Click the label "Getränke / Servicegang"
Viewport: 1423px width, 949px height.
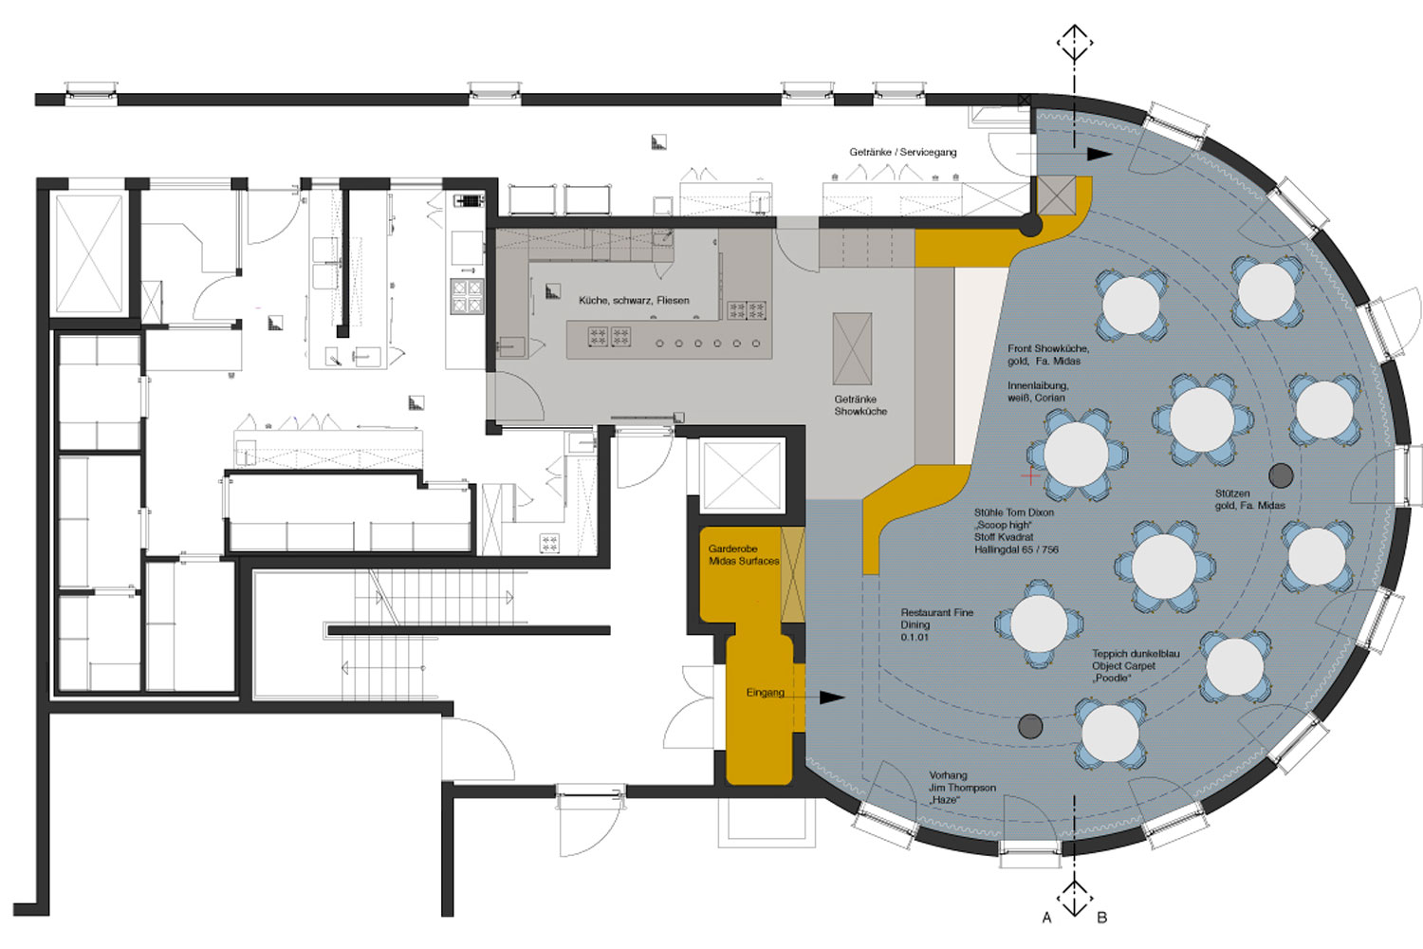[903, 153]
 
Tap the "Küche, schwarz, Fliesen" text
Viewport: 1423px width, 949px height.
[634, 300]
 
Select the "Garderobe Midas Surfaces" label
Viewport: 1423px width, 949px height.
[743, 555]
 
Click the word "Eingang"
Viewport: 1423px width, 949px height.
[765, 693]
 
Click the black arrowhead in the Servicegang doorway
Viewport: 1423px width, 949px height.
[1099, 155]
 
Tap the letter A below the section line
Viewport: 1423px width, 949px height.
[1047, 918]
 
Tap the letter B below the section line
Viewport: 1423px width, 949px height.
[1102, 918]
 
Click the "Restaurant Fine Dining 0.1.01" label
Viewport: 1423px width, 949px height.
[936, 624]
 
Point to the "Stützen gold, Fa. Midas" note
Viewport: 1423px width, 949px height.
[1249, 499]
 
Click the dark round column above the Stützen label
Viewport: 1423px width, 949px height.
[1281, 474]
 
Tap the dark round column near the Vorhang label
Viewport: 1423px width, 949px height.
[1029, 726]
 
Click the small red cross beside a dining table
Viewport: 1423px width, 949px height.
[1029, 474]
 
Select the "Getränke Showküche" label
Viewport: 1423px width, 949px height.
[860, 405]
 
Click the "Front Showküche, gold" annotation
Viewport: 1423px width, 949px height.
[1048, 355]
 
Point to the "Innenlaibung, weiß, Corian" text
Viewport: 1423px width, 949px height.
[1038, 392]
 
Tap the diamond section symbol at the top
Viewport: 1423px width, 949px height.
[1075, 43]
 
